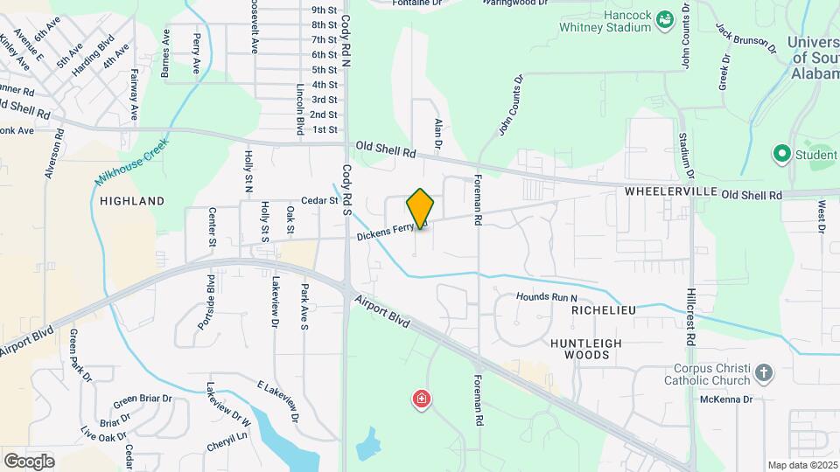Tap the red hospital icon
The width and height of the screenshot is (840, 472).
point(422,400)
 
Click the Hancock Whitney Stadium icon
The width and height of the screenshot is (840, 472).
point(665,18)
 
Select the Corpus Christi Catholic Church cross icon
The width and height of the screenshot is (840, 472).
point(764,373)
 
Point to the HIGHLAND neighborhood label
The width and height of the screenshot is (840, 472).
point(132,201)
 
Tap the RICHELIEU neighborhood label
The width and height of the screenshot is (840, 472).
point(603,310)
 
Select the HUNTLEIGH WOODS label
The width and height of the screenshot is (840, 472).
point(580,349)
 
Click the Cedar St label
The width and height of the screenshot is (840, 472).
point(319,200)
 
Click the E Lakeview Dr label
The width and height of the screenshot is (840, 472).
point(278,399)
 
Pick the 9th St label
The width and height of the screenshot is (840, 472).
point(324,10)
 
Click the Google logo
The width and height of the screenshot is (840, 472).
point(29,461)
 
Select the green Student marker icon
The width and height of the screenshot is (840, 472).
point(781,156)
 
